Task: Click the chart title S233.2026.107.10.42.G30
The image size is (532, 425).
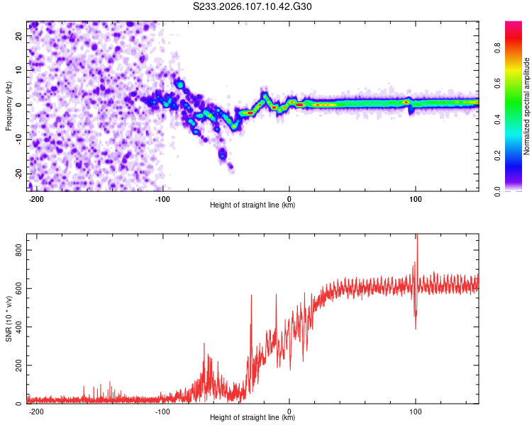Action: click(253, 7)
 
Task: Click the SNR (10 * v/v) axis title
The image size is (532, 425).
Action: click(9, 319)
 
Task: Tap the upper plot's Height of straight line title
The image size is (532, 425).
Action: click(253, 205)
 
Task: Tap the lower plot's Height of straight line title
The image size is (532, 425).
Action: click(253, 417)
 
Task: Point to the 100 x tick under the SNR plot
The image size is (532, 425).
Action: click(416, 411)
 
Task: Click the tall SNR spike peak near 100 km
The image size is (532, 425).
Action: click(417, 236)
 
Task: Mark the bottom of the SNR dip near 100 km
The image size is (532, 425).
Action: click(416, 328)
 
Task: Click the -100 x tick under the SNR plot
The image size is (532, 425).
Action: click(162, 411)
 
